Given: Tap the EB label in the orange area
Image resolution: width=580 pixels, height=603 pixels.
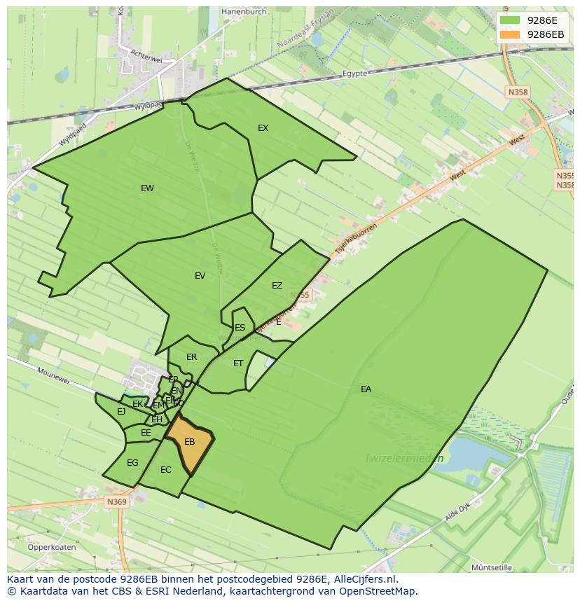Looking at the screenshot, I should (189, 442).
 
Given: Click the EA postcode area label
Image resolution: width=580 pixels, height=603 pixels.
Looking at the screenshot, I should (366, 389).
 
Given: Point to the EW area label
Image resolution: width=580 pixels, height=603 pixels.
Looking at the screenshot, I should (147, 188).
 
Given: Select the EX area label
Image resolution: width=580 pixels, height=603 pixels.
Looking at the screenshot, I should (263, 128).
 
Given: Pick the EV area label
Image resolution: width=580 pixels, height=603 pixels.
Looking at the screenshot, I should (200, 276).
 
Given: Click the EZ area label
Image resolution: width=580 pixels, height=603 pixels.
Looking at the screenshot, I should (277, 286).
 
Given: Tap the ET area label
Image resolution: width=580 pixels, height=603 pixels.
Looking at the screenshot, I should (238, 363).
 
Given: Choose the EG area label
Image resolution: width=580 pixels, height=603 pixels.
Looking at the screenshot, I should (132, 463).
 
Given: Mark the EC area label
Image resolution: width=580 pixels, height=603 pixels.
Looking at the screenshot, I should (165, 470).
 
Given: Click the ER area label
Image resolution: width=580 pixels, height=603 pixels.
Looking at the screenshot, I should (191, 357).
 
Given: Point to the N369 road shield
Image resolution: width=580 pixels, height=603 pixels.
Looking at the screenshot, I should (117, 502).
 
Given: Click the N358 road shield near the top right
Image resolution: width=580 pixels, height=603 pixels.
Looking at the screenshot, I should (518, 92).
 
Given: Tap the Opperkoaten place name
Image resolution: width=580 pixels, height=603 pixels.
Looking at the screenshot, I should (51, 547).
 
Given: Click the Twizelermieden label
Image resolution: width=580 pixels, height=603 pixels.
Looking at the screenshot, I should (403, 459).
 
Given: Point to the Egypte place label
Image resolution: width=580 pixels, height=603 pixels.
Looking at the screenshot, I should (355, 74).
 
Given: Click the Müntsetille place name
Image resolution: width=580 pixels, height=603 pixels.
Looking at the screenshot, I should (492, 567).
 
